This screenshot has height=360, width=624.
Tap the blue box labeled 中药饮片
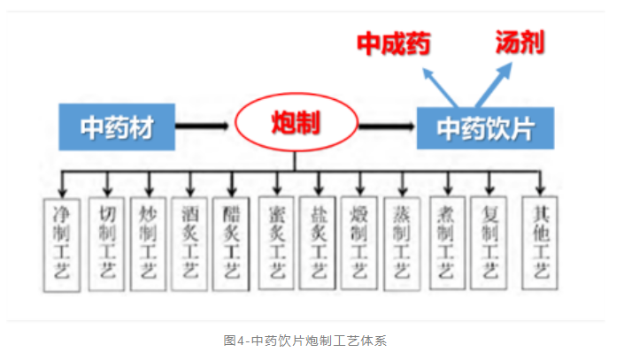[x=485, y=128]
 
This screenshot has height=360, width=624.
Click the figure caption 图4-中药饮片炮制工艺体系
[x=312, y=339]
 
